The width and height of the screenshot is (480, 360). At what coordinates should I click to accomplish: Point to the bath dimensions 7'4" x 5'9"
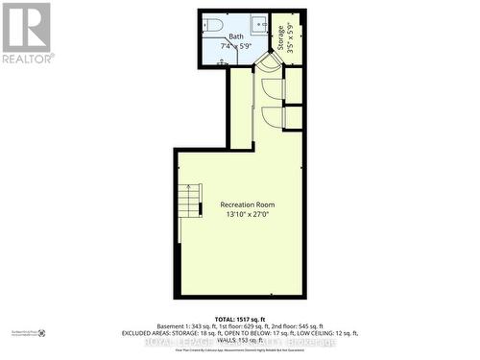click(x=236, y=45)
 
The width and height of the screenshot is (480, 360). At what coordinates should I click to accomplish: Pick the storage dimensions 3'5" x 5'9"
click(x=292, y=40)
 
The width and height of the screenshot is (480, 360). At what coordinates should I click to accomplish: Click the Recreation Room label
click(x=247, y=204)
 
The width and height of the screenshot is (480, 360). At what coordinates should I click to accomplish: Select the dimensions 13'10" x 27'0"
click(x=247, y=215)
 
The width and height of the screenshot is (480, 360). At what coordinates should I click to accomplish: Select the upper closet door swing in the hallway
click(x=274, y=89)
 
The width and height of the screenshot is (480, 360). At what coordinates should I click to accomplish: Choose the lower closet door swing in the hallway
click(x=274, y=116)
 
